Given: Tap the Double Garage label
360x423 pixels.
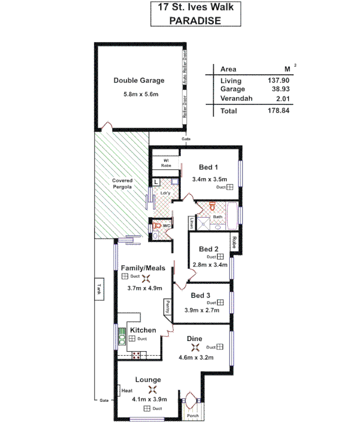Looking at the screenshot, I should coord(139,81).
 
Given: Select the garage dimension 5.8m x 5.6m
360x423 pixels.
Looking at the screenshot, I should coord(139,94).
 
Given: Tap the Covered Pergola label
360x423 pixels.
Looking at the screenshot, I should coord(122,183).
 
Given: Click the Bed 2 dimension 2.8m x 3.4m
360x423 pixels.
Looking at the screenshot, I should coord(209,264).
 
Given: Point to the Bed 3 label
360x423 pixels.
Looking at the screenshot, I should coord(201,295).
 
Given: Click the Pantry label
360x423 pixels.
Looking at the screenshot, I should coord(167,307).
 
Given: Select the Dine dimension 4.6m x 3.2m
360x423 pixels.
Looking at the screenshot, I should coord(196,357).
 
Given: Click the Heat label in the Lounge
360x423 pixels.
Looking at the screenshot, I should coord(126,391).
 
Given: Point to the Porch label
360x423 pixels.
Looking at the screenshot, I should coord(192,416).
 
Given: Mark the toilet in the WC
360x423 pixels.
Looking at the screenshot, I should coord(156,226).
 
